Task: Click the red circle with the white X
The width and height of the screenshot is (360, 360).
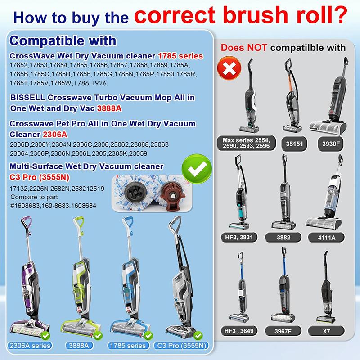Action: point(229,68)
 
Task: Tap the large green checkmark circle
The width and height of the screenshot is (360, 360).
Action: point(197,169)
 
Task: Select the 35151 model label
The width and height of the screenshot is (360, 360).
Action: point(294,144)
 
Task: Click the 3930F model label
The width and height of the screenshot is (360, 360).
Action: point(331,144)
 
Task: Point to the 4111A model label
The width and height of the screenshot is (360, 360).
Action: point(326,238)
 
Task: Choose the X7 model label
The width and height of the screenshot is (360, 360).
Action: point(326,331)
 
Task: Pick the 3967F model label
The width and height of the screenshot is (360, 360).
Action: point(283,331)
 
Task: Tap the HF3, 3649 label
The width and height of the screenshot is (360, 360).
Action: point(239,331)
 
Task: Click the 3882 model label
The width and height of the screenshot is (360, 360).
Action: point(283,238)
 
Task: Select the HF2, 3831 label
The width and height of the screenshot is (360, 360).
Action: point(239,237)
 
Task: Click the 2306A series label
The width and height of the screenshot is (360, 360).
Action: point(30,346)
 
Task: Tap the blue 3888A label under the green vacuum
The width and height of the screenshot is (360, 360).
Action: point(78,346)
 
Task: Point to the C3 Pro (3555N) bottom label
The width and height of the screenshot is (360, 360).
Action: point(182,346)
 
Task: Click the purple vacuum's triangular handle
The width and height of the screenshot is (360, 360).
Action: point(27,223)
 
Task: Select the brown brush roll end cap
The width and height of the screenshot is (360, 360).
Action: point(172,193)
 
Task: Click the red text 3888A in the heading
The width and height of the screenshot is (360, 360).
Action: point(109,108)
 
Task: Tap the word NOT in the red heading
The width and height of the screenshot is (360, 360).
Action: point(257,48)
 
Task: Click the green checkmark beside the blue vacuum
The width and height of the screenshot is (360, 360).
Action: point(148,336)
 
